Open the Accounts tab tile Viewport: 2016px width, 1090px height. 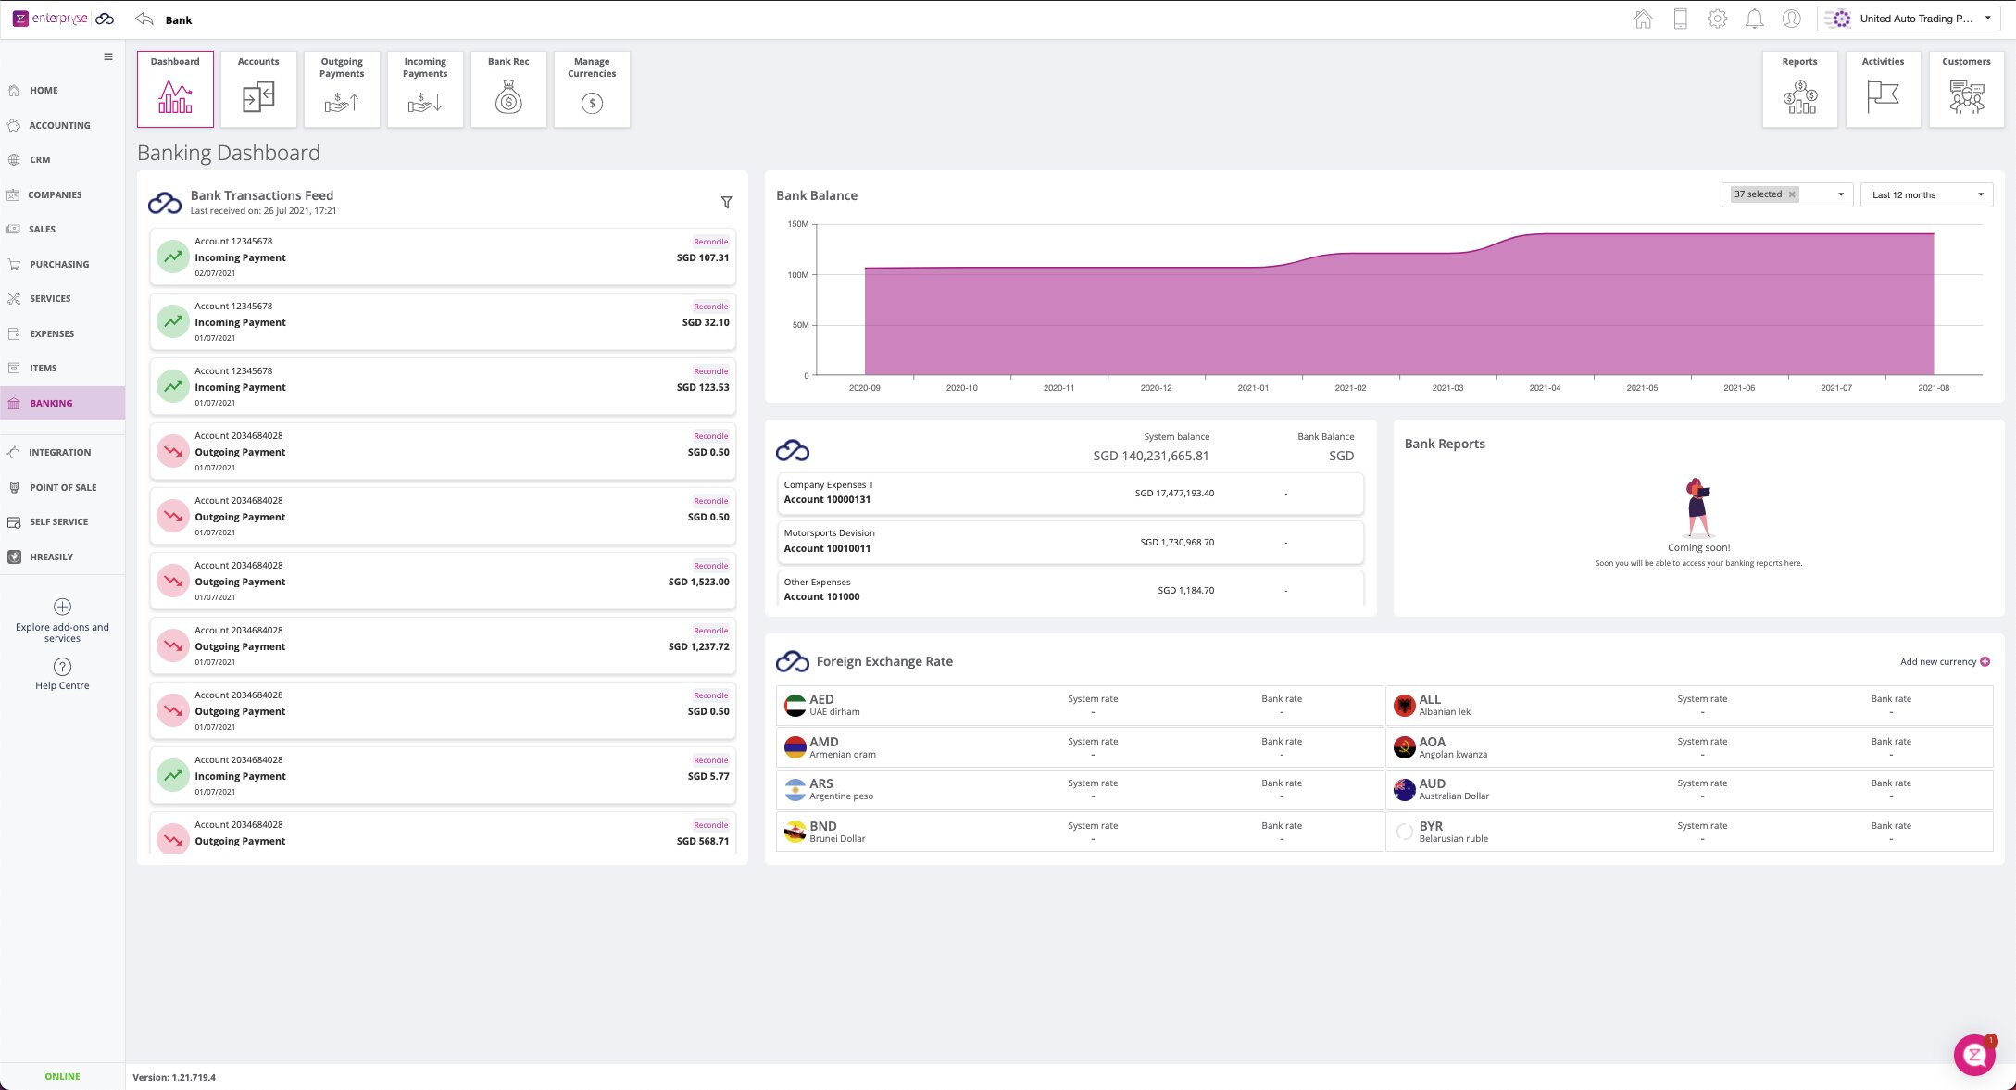coord(258,89)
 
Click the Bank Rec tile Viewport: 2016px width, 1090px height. coord(508,89)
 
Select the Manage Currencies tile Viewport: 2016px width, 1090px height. coord(592,89)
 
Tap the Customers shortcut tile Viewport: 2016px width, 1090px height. coord(1966,89)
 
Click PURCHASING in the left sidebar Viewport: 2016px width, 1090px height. coord(59,264)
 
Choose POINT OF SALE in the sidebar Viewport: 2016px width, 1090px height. coord(63,487)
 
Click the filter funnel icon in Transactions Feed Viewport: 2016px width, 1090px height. coord(726,202)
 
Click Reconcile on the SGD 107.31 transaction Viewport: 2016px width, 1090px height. coord(710,242)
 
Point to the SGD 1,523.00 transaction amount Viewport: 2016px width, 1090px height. coord(698,582)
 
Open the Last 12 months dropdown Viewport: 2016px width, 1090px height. coord(1926,194)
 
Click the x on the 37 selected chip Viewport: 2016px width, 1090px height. coord(1792,194)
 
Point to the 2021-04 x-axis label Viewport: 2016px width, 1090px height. coord(1545,388)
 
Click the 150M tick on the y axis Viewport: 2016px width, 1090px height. coord(797,224)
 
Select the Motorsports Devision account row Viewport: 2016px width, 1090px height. coord(1070,541)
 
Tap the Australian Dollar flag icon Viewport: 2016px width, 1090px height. coord(1404,789)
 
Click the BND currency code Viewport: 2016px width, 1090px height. coord(822,826)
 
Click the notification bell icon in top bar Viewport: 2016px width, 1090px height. coord(1754,19)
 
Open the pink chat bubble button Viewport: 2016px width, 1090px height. coord(1974,1055)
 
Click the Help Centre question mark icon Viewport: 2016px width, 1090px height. coord(62,667)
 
